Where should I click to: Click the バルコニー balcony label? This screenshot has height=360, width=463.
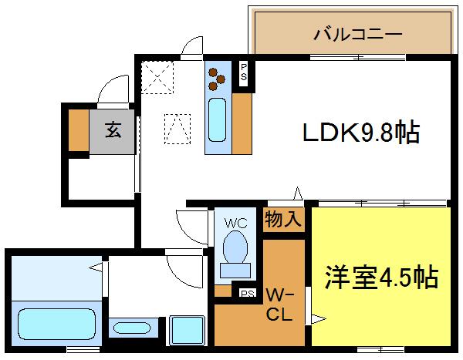357,34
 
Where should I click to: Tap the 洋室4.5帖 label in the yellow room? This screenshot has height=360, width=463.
382,275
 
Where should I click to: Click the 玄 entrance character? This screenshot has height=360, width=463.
113,130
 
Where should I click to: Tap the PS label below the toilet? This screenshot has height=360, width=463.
248,294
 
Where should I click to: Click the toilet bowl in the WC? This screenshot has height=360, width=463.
235,249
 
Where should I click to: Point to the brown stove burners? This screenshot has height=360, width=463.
216,76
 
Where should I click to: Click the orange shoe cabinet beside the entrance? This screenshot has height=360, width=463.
78,130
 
